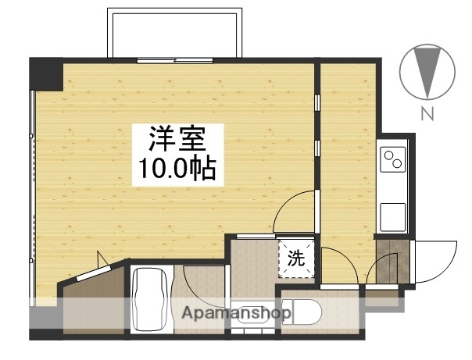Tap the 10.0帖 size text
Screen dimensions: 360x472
(178, 169)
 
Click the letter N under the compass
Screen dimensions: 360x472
(427, 114)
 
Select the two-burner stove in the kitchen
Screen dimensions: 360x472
(392, 159)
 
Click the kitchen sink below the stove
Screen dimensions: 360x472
(392, 212)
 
